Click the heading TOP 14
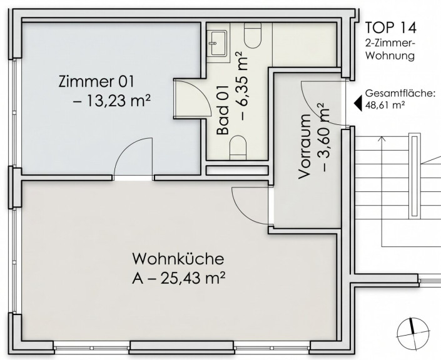(x=391, y=27)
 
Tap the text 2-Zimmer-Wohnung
(x=390, y=49)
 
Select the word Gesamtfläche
(x=400, y=93)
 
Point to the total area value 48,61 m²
(x=385, y=105)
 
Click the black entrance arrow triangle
(x=358, y=102)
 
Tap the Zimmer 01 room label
(x=96, y=81)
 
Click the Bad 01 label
(x=223, y=110)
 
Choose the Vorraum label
(x=305, y=146)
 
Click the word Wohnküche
(x=178, y=259)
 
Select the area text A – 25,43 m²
(x=179, y=278)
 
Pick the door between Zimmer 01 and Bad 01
(x=193, y=97)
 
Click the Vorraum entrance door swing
(x=323, y=103)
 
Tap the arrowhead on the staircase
(x=382, y=138)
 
